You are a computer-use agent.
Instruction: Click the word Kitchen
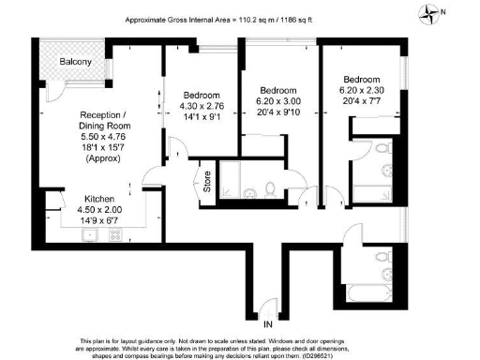tap(100, 199)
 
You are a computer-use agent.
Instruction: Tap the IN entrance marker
tap(269, 324)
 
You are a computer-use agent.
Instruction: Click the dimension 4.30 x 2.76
tap(202, 106)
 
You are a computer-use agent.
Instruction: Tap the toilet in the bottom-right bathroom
tap(381, 256)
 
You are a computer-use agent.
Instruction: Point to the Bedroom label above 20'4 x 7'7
tap(361, 80)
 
